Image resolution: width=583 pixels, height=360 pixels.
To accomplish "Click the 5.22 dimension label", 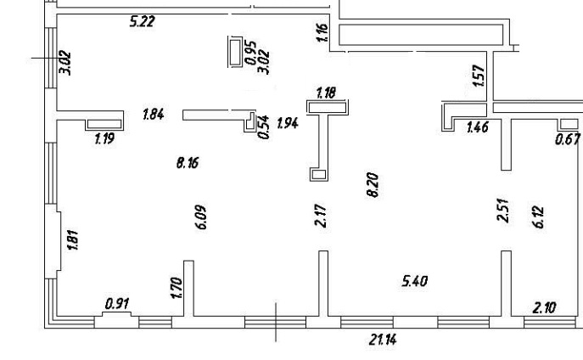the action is [142, 21].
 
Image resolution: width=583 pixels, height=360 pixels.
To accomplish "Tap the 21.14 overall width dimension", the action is [383, 340].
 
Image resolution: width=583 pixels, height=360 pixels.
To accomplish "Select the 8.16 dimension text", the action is [188, 162].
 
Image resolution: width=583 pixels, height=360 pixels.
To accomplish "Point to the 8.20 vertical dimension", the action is [373, 185].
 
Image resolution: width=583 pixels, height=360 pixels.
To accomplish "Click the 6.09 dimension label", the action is [201, 217].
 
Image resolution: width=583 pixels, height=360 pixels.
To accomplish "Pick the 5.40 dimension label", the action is [415, 281].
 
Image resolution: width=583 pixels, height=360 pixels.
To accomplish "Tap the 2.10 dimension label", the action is [544, 307].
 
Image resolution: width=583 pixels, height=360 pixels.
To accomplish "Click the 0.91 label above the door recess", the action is [117, 304].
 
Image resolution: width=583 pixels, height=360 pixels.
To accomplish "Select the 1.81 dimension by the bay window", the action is [72, 240].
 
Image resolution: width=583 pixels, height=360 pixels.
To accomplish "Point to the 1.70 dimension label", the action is [177, 288].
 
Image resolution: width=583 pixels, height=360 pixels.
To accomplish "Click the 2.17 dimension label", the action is [321, 216].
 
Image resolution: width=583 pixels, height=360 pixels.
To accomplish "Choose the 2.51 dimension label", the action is [503, 211].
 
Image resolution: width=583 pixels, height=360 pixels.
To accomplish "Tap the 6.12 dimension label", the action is [538, 217].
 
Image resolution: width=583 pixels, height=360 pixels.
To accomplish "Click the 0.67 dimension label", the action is [568, 139].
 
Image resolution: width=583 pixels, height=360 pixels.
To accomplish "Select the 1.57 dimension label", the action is [479, 76].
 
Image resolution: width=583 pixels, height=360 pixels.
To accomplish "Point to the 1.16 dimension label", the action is [322, 33].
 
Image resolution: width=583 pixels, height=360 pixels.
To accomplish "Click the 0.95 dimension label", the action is [251, 53].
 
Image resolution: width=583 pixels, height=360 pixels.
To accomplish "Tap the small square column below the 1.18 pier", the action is [319, 174].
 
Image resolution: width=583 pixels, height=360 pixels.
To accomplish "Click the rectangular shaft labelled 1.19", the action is [104, 124].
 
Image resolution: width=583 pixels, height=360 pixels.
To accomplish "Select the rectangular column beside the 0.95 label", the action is [235, 52].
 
